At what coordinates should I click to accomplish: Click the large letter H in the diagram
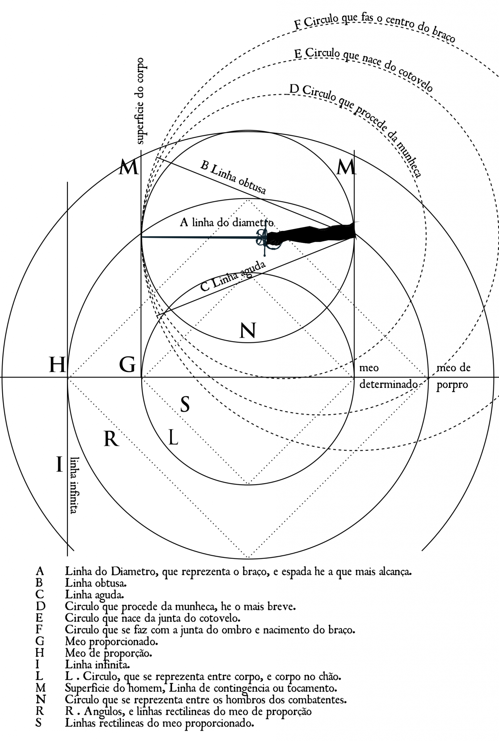[57, 364]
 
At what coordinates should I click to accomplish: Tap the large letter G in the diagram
[127, 364]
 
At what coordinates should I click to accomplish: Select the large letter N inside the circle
[248, 331]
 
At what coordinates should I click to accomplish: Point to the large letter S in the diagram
[185, 405]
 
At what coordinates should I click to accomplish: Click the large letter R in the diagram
[111, 440]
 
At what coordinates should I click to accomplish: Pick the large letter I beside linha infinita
[59, 465]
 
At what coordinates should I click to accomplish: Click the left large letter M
[129, 168]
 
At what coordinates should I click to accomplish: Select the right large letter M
[346, 168]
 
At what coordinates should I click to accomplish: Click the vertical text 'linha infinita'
[74, 485]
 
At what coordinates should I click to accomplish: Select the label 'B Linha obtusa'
[234, 177]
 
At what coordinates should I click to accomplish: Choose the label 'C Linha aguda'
[233, 276]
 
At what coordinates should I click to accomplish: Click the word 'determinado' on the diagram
[389, 384]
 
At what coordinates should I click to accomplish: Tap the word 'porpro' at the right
[452, 385]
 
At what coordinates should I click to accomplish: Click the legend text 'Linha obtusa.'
[96, 583]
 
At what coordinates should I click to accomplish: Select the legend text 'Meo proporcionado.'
[112, 642]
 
